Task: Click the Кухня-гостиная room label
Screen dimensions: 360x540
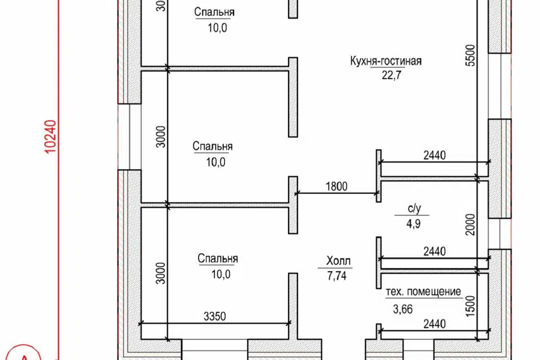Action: (385, 61)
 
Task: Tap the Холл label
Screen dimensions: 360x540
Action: (337, 261)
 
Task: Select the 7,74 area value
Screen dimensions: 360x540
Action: (337, 276)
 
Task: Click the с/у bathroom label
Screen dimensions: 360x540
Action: (414, 208)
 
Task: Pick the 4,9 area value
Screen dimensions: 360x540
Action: (414, 223)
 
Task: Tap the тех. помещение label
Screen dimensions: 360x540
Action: (424, 292)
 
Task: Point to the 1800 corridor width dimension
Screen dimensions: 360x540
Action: (336, 186)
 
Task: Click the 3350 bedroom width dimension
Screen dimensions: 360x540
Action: (213, 317)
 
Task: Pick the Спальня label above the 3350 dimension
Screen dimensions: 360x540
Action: (218, 259)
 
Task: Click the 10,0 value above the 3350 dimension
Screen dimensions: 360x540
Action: (218, 274)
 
